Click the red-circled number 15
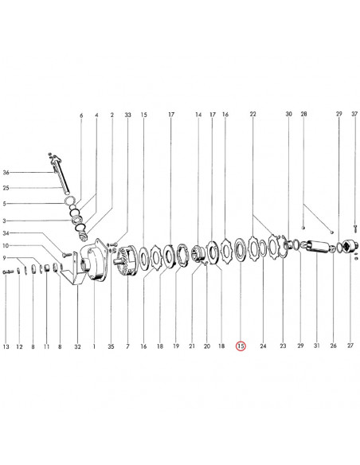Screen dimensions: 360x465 241,346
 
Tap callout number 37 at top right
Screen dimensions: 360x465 354,114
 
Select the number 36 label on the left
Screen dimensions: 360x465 6,172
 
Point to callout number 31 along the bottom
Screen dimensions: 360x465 317,346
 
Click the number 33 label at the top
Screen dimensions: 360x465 127,115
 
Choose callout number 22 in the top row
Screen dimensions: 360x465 252,114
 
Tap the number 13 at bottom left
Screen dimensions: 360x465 6,346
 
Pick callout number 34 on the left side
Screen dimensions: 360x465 6,233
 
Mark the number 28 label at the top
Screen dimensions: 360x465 303,114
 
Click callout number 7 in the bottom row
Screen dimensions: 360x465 127,346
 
